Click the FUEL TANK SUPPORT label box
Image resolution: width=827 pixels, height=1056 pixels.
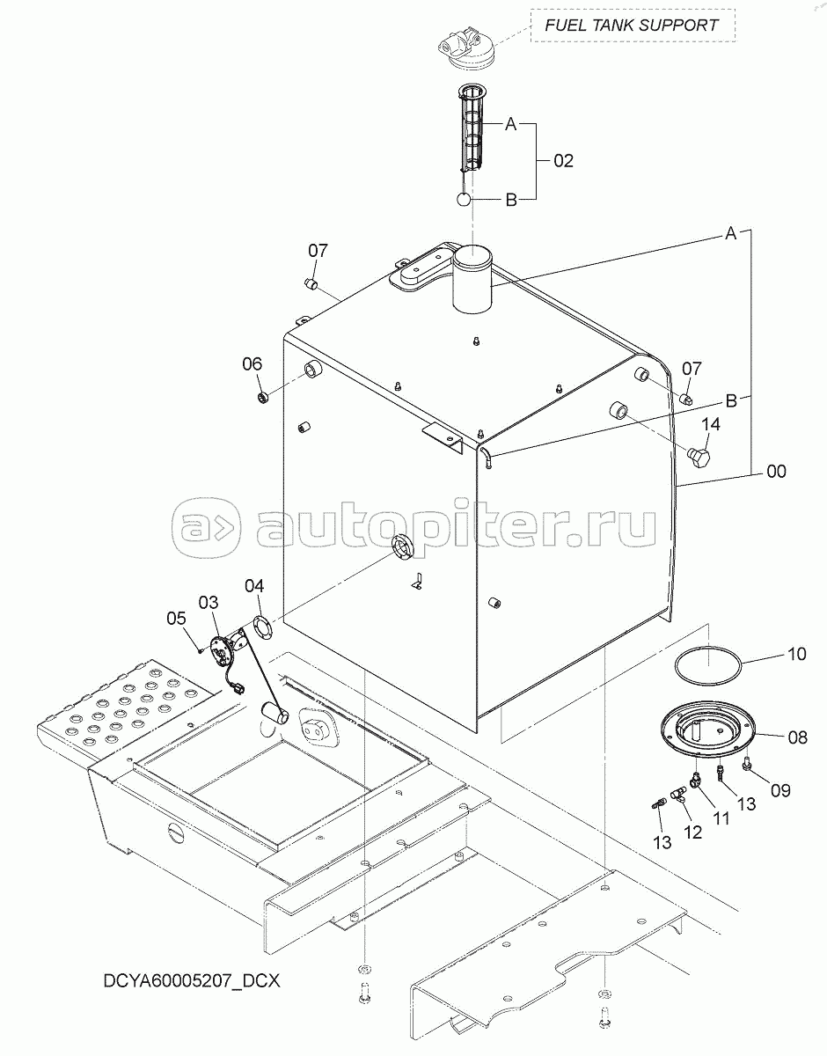[x=633, y=25]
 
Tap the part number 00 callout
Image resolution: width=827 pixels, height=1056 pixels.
[x=776, y=471]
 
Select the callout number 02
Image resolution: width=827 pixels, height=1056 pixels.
[x=563, y=161]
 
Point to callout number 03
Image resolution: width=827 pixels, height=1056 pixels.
[x=209, y=603]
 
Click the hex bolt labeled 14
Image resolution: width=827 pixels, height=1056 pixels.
[x=699, y=458]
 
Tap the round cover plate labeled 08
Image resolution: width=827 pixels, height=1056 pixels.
[x=708, y=728]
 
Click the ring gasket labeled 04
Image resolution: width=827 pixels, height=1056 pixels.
[x=263, y=627]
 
